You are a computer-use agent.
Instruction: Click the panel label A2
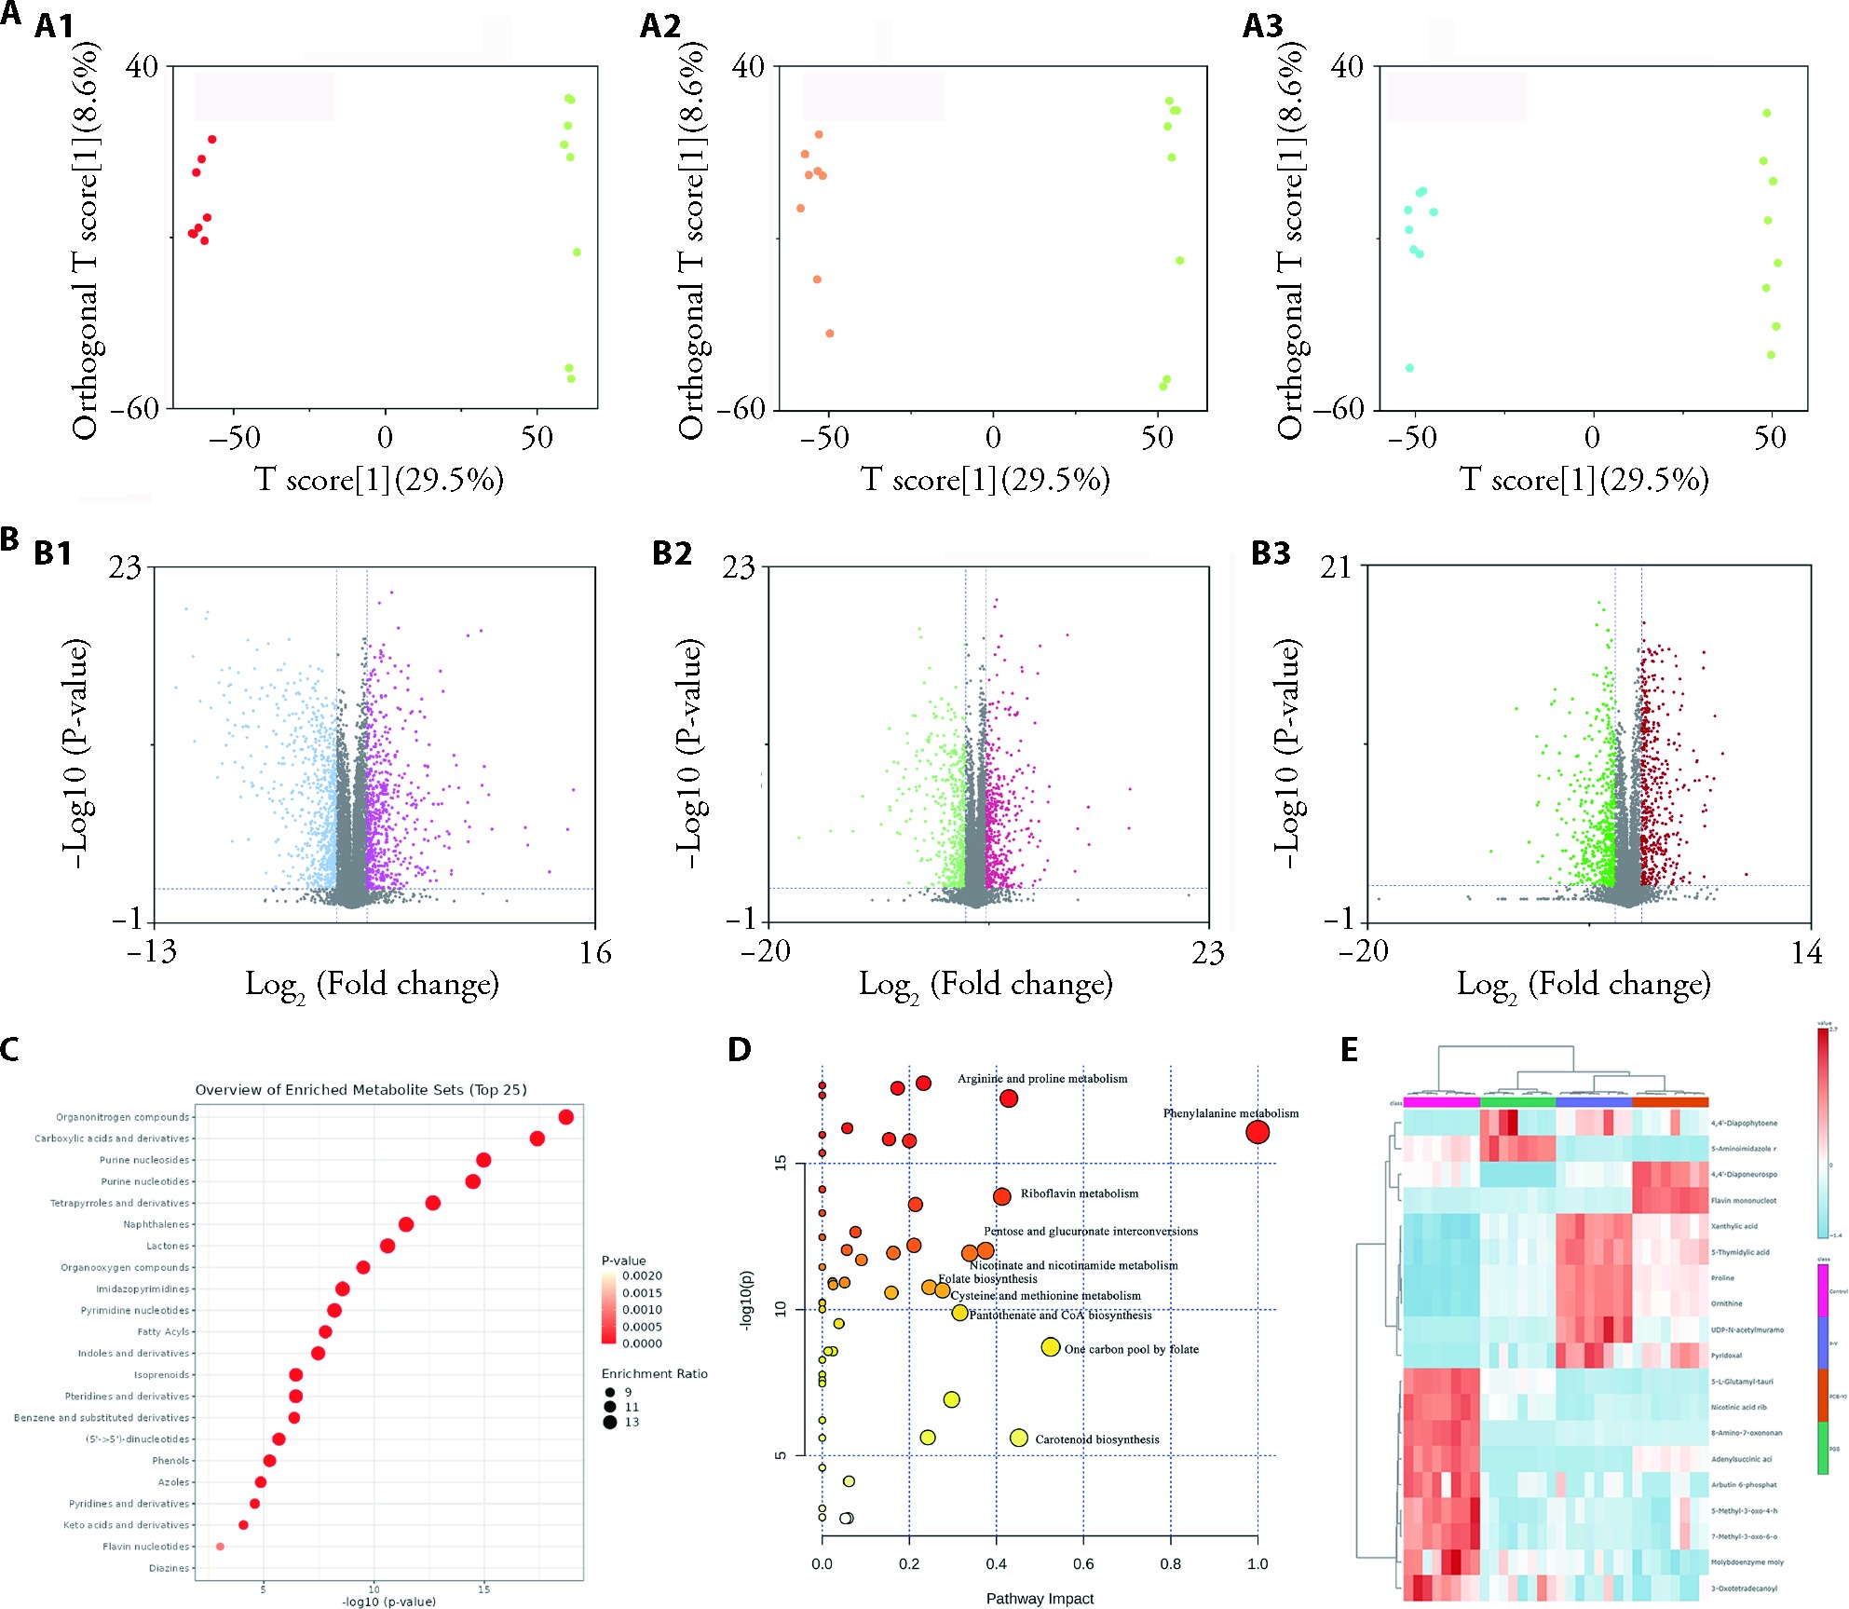pyautogui.click(x=660, y=26)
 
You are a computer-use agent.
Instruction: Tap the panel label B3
pyautogui.click(x=1271, y=553)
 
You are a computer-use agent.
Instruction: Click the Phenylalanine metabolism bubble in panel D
pyautogui.click(x=1257, y=1132)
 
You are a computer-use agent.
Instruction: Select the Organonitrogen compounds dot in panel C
pyautogui.click(x=565, y=1117)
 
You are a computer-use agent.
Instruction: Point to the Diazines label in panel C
pyautogui.click(x=169, y=1568)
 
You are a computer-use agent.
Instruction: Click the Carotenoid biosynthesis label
pyautogui.click(x=1097, y=1439)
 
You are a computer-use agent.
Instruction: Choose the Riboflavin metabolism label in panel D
pyautogui.click(x=1079, y=1193)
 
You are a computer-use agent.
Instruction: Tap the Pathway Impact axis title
pyautogui.click(x=1040, y=1599)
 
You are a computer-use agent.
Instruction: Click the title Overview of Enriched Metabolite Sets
pyautogui.click(x=360, y=1090)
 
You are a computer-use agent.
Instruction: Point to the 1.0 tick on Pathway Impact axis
pyautogui.click(x=1258, y=1564)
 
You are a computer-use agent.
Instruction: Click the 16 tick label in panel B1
pyautogui.click(x=595, y=952)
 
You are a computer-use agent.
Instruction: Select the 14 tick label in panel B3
pyautogui.click(x=1806, y=952)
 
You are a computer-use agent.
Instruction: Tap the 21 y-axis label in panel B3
pyautogui.click(x=1336, y=567)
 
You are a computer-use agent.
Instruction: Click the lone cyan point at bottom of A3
pyautogui.click(x=1409, y=368)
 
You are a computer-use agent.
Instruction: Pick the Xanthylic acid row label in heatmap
pyautogui.click(x=1733, y=1227)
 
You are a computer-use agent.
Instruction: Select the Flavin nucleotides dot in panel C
pyautogui.click(x=220, y=1547)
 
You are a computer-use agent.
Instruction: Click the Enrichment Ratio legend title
pyautogui.click(x=654, y=1374)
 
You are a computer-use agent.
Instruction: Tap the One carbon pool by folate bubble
pyautogui.click(x=1050, y=1347)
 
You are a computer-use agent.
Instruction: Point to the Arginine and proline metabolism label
pyautogui.click(x=1042, y=1079)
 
